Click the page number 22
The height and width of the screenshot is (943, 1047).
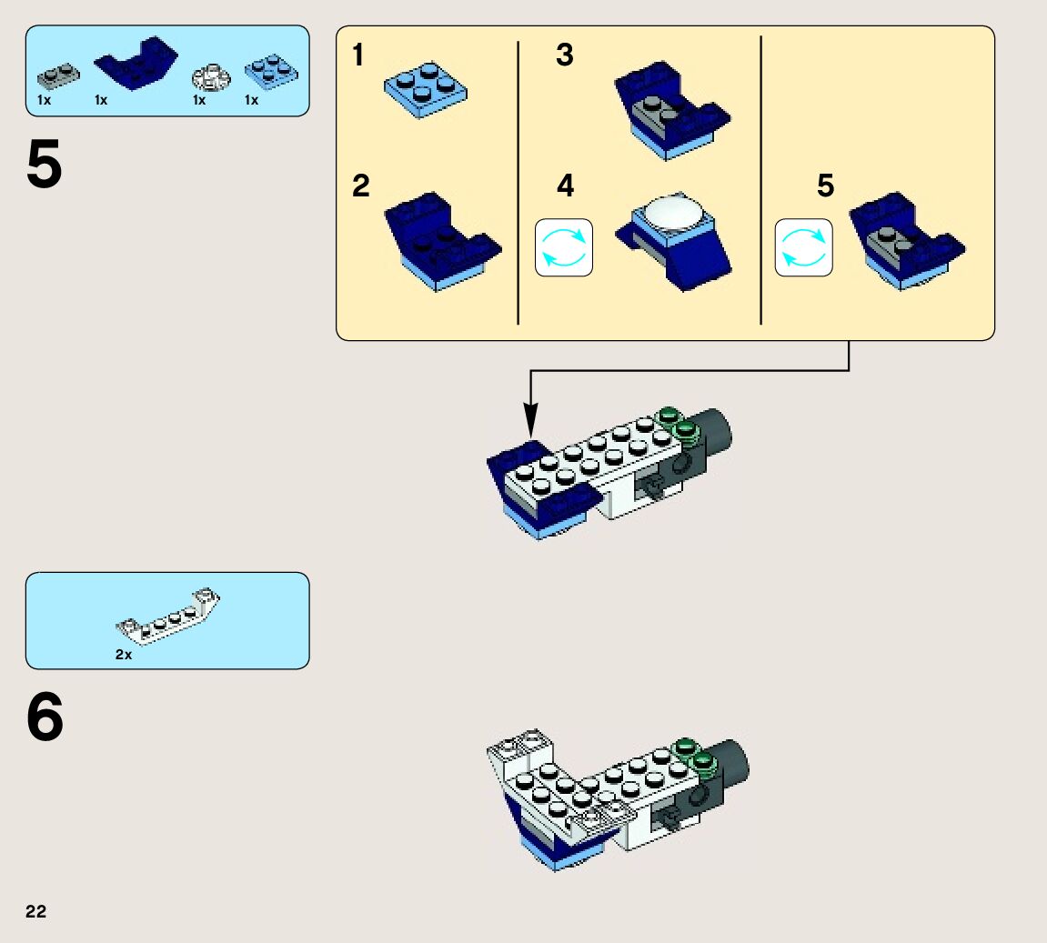tap(35, 912)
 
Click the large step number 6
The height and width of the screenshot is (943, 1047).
tap(45, 718)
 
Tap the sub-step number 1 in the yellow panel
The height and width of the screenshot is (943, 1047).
tap(358, 56)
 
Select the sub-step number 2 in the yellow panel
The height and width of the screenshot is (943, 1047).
tap(361, 186)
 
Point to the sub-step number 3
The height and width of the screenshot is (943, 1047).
tap(565, 55)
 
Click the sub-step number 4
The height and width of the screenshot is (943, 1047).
tap(566, 186)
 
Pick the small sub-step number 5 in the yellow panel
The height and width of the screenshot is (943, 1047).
tap(825, 186)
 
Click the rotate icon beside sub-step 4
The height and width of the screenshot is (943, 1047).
tap(564, 247)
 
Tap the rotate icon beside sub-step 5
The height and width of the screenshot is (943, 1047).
tap(804, 247)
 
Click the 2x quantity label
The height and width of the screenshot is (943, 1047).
tap(124, 655)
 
